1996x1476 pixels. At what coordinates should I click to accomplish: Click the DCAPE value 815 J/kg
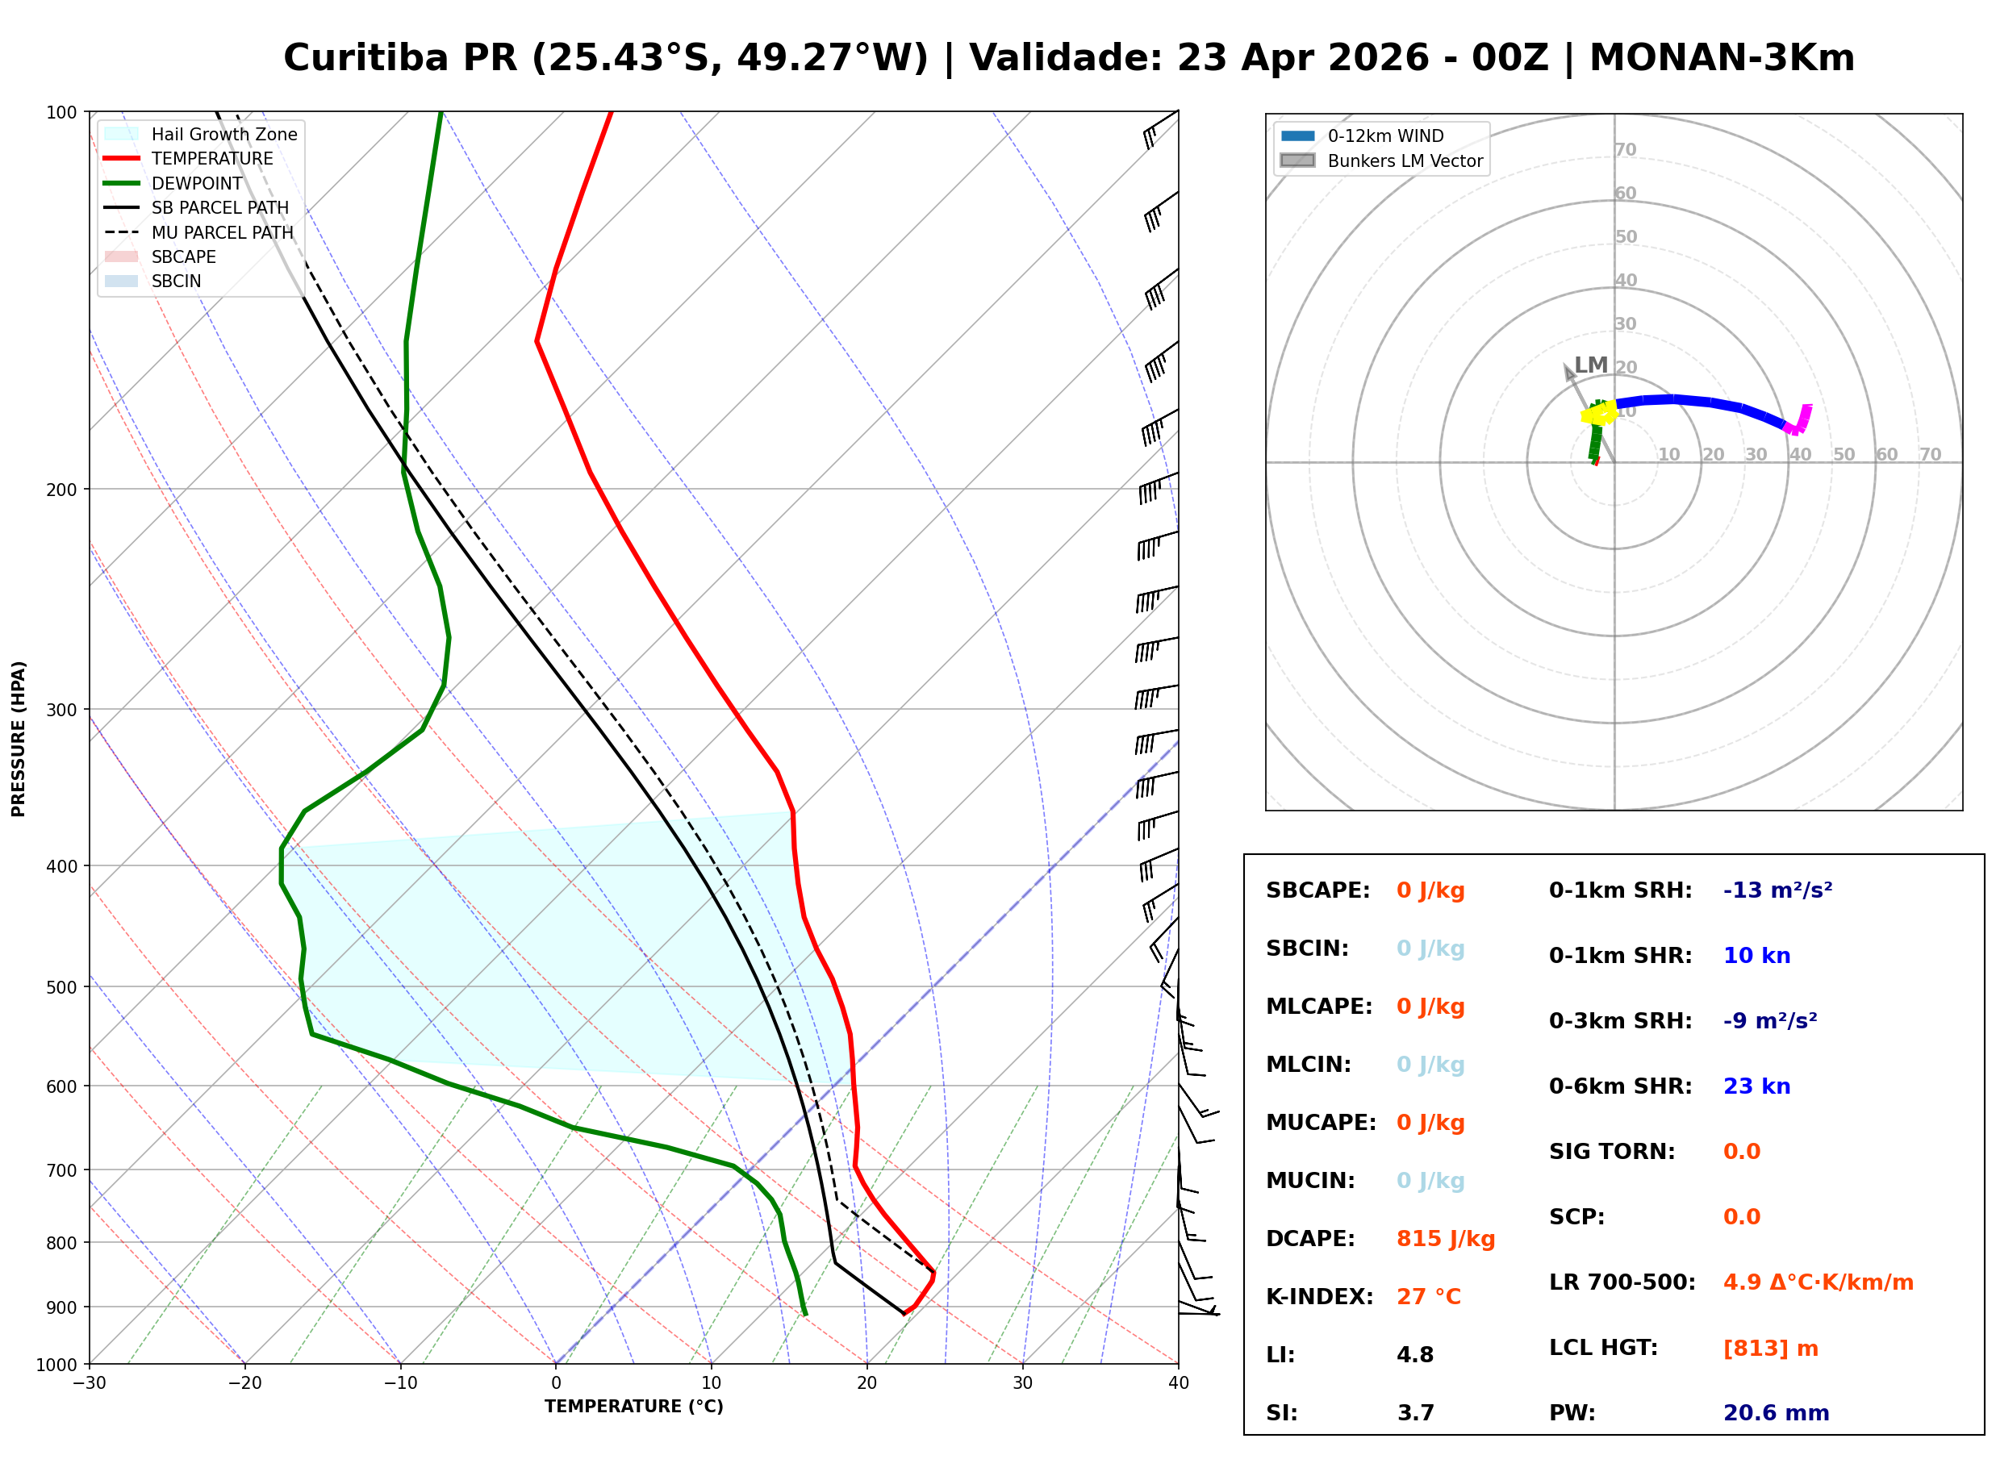pyautogui.click(x=1445, y=1238)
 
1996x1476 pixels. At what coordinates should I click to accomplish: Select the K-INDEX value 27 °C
pyautogui.click(x=1428, y=1296)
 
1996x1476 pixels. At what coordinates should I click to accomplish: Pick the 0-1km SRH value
pyautogui.click(x=1777, y=890)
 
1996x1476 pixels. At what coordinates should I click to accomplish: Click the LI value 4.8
pyautogui.click(x=1414, y=1354)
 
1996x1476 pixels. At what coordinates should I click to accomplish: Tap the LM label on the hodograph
pyautogui.click(x=1590, y=365)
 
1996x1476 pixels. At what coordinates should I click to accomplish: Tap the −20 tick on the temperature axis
pyautogui.click(x=244, y=1383)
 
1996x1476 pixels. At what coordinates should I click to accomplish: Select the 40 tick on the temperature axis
pyautogui.click(x=1178, y=1383)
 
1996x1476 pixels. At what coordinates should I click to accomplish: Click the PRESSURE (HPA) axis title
pyautogui.click(x=18, y=738)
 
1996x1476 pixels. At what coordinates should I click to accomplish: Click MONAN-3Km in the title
pyautogui.click(x=1721, y=58)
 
